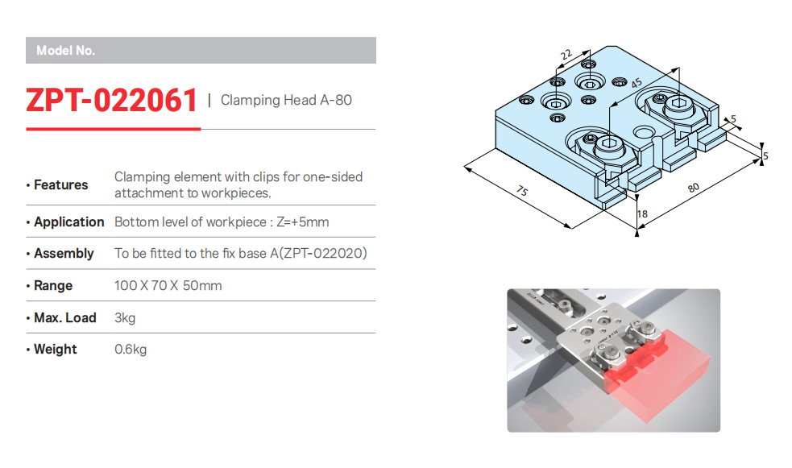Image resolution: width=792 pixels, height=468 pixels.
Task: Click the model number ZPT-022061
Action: (111, 100)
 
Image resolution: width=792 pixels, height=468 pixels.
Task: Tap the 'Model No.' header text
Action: (65, 51)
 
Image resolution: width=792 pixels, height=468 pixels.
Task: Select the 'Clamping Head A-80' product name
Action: (286, 100)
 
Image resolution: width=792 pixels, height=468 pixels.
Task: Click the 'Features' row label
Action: (60, 184)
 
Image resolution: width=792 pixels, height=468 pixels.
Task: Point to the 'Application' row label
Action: (68, 222)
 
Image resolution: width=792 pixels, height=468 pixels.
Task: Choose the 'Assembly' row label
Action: (64, 254)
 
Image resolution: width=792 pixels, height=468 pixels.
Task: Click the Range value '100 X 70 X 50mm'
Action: (168, 286)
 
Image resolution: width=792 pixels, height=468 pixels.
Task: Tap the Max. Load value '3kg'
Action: (125, 318)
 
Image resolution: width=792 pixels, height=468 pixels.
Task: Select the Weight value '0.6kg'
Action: (131, 350)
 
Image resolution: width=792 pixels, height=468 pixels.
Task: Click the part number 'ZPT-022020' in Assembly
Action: (323, 253)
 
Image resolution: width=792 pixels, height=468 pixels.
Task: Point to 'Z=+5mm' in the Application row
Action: (302, 222)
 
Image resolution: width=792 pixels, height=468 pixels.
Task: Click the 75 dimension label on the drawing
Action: (522, 191)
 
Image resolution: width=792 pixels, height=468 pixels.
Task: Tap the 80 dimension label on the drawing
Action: (694, 188)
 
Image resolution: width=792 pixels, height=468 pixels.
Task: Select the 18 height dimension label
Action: (642, 214)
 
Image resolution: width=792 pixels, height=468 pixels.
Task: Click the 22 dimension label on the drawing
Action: (566, 55)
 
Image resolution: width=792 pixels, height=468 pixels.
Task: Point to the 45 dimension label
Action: (636, 83)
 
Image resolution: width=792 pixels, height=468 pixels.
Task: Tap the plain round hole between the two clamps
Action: (644, 133)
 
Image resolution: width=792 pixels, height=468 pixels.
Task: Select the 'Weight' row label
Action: (56, 350)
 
